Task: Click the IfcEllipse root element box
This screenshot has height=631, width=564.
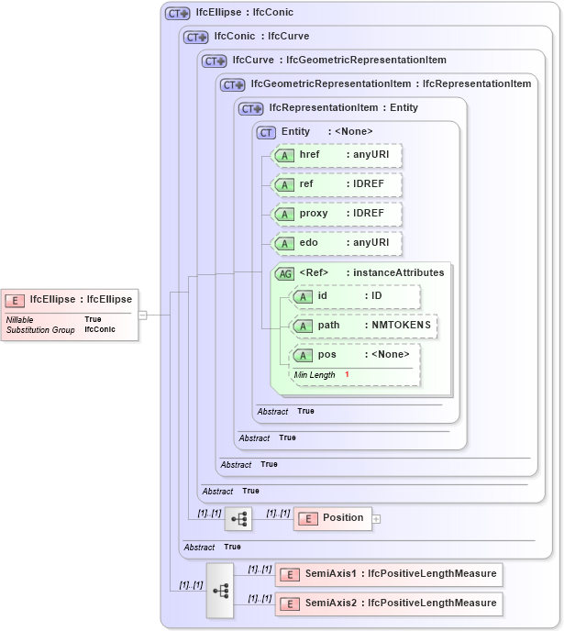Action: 70,299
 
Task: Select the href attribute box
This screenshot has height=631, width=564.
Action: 337,155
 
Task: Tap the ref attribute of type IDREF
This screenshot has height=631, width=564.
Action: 337,184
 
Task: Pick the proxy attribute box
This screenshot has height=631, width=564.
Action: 337,214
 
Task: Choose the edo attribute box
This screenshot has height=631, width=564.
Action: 337,243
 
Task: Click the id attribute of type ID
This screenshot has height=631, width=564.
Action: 355,296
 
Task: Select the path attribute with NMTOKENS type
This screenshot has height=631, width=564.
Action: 363,326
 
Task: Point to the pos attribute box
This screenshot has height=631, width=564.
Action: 355,354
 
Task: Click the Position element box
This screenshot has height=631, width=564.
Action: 332,518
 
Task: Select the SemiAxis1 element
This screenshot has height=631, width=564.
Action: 389,574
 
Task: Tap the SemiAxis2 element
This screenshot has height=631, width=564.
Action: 389,603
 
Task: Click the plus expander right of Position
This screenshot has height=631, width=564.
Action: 376,518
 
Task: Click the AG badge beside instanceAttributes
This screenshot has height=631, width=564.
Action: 285,272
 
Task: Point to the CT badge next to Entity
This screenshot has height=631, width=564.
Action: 267,132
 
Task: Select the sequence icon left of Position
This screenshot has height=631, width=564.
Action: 238,518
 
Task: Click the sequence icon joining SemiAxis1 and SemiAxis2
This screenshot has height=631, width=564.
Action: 220,590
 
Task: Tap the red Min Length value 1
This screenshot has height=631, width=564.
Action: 348,375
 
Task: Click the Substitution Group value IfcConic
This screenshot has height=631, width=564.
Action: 100,328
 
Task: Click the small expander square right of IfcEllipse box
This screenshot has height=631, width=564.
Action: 142,315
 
